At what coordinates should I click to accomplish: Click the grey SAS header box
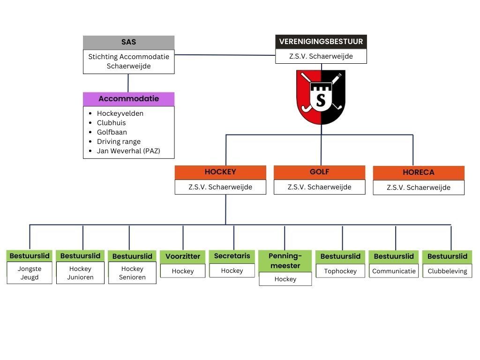pyautogui.click(x=128, y=42)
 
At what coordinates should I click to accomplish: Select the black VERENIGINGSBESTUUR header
pyautogui.click(x=321, y=42)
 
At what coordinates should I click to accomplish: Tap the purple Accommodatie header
pyautogui.click(x=128, y=99)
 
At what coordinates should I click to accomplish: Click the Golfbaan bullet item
pyautogui.click(x=112, y=132)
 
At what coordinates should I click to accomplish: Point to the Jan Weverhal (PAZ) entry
pyautogui.click(x=128, y=151)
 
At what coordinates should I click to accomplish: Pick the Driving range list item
pyautogui.click(x=119, y=142)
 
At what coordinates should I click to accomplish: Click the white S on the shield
pyautogui.click(x=321, y=99)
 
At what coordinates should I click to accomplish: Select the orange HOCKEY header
pyautogui.click(x=220, y=172)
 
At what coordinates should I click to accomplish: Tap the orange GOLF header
pyautogui.click(x=319, y=172)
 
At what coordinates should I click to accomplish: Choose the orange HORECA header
pyautogui.click(x=419, y=172)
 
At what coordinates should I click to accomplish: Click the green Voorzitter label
pyautogui.click(x=183, y=256)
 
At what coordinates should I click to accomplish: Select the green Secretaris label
pyautogui.click(x=232, y=256)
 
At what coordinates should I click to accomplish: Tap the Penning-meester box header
pyautogui.click(x=285, y=261)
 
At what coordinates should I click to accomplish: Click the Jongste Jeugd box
pyautogui.click(x=30, y=273)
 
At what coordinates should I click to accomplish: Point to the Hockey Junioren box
pyautogui.click(x=80, y=273)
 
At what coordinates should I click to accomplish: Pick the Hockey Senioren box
pyautogui.click(x=132, y=273)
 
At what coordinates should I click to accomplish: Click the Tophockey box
pyautogui.click(x=340, y=271)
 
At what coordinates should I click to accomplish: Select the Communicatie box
pyautogui.click(x=394, y=271)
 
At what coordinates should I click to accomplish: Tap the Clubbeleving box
pyautogui.click(x=447, y=271)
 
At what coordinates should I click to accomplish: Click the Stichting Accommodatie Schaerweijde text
pyautogui.click(x=128, y=61)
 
